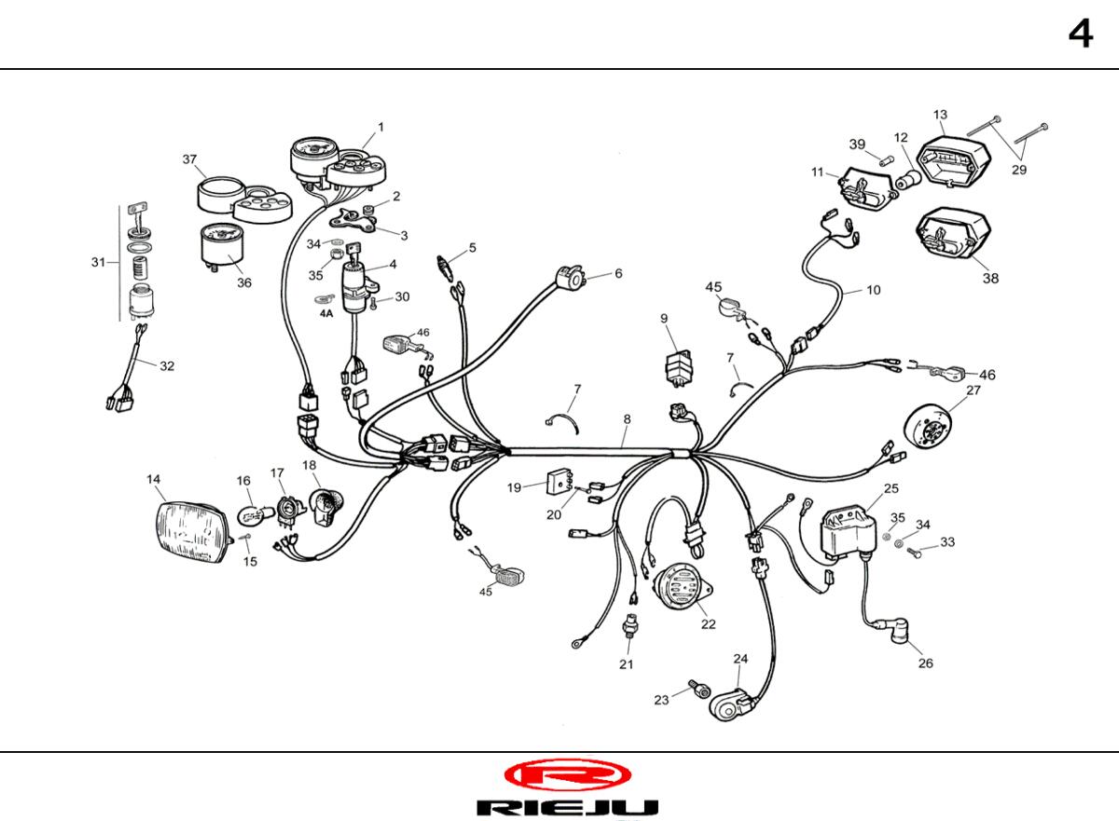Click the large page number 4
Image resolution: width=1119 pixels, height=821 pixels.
pyautogui.click(x=1081, y=34)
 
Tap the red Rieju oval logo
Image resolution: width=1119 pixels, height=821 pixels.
pyautogui.click(x=568, y=775)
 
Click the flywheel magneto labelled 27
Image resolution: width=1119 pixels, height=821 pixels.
pyautogui.click(x=928, y=427)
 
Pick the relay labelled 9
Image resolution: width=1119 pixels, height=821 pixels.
pyautogui.click(x=679, y=369)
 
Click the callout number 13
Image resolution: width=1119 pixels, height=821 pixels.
pyautogui.click(x=940, y=115)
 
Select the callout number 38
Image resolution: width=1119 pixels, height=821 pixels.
pyautogui.click(x=990, y=278)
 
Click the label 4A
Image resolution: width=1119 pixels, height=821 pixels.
pyautogui.click(x=326, y=313)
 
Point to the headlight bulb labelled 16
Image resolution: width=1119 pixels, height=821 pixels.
pyautogui.click(x=255, y=514)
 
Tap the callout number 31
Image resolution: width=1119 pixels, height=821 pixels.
pyautogui.click(x=99, y=262)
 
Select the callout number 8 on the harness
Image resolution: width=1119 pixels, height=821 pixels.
pyautogui.click(x=627, y=419)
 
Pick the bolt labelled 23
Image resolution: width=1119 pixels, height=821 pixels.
pyautogui.click(x=699, y=689)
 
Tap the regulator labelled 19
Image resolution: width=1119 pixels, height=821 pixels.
pyautogui.click(x=560, y=481)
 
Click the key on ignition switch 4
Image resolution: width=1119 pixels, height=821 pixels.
pyautogui.click(x=353, y=249)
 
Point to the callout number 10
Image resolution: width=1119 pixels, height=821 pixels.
pyautogui.click(x=873, y=290)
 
